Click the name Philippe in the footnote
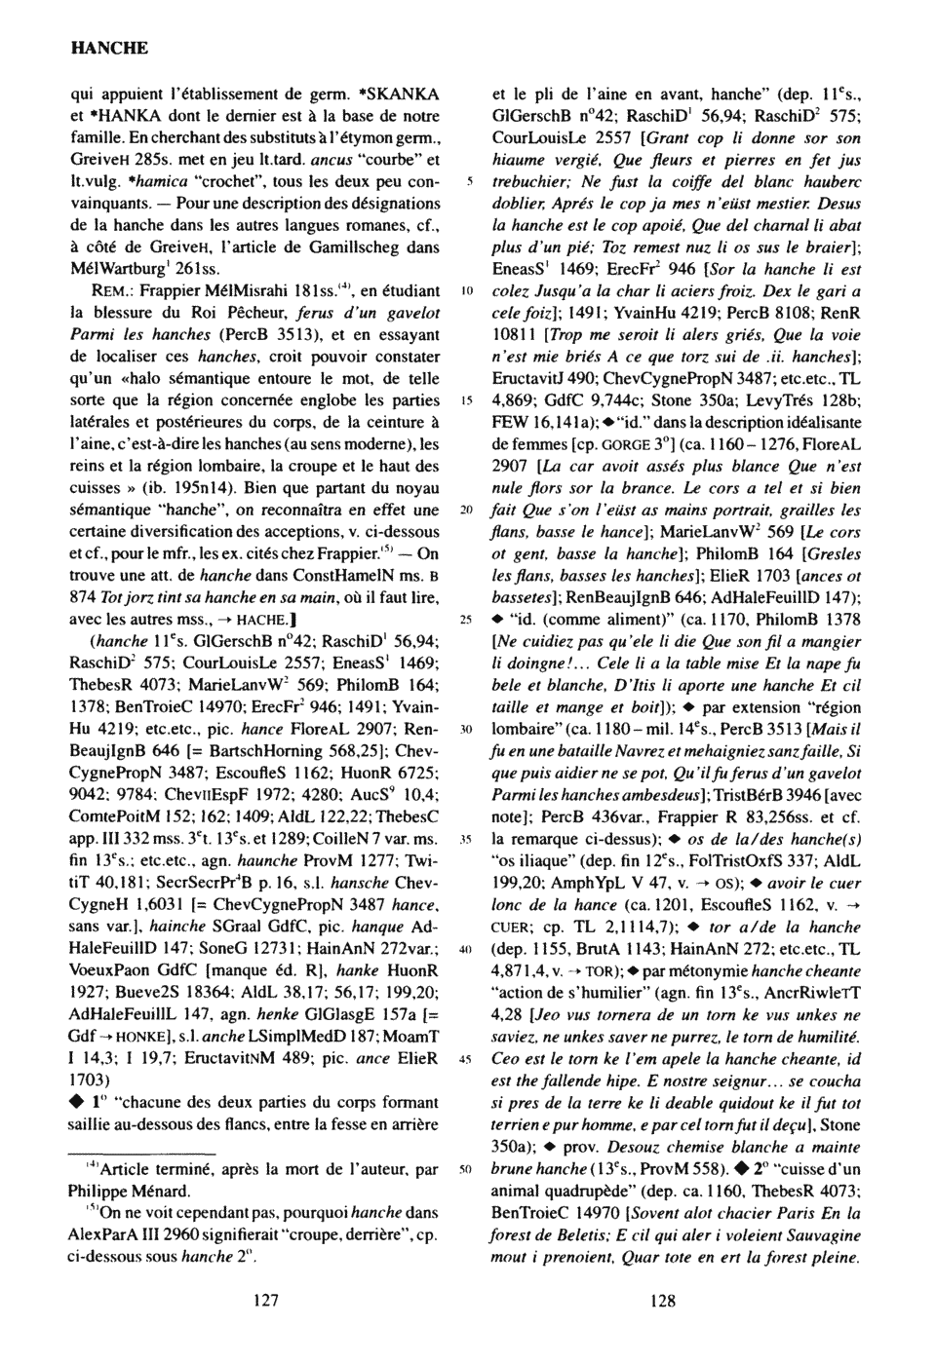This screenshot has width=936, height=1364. (x=101, y=1191)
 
